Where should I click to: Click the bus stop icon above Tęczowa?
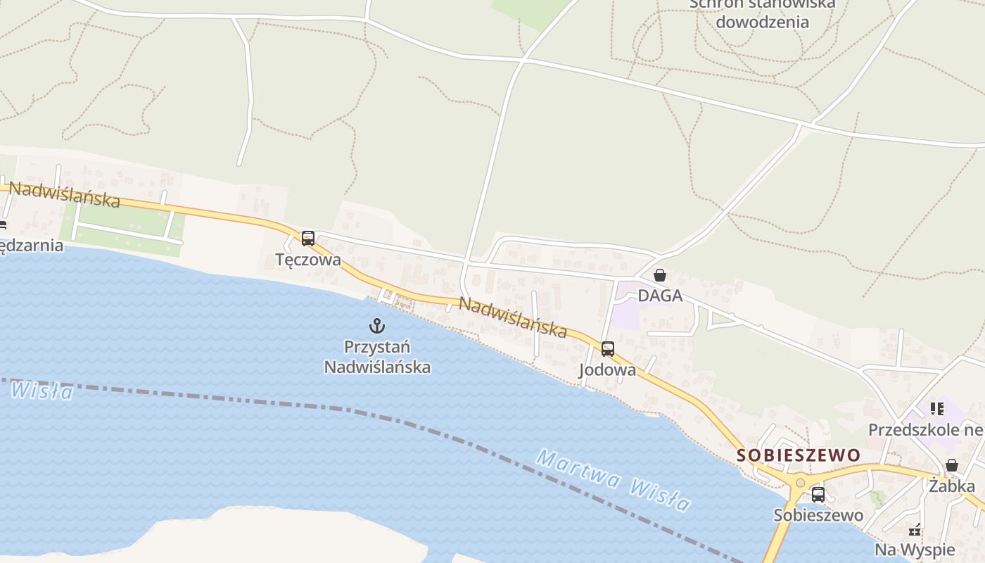pos(308,239)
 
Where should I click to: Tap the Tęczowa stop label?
pos(308,260)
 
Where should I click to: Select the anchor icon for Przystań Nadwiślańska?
pos(377,326)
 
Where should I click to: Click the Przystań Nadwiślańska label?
pos(377,357)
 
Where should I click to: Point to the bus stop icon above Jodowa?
pos(607,348)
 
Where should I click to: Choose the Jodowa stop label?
pos(607,370)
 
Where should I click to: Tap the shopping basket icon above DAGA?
pos(660,275)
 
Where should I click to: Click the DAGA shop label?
pos(660,296)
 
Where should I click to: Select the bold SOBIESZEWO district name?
pos(799,455)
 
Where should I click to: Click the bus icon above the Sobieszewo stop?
pos(818,494)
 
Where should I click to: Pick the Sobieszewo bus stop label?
pos(818,515)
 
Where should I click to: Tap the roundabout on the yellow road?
pos(800,483)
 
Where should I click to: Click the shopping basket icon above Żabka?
pos(952,465)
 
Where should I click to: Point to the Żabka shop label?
pos(952,486)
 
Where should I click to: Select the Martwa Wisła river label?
pos(614,480)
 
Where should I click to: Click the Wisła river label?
pos(42,389)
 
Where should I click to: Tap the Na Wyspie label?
pos(915,550)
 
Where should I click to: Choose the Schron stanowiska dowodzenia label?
pos(763,13)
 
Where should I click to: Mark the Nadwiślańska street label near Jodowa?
pos(513,317)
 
